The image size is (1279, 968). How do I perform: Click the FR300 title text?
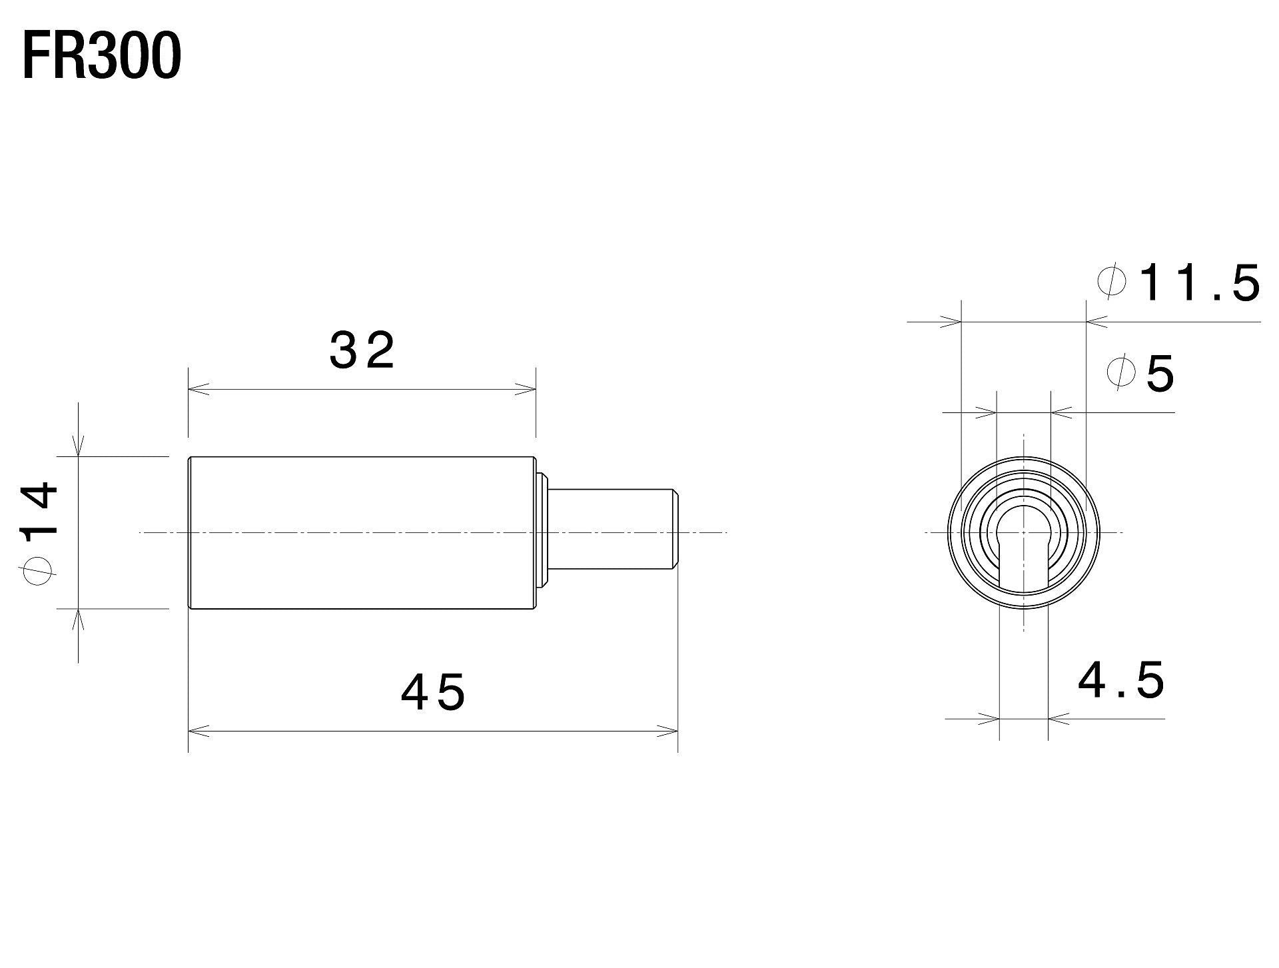[101, 57]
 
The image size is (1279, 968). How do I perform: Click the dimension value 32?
[362, 351]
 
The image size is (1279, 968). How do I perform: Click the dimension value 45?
[432, 692]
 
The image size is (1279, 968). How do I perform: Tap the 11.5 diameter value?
[1199, 283]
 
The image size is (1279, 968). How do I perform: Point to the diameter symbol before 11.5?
[1112, 281]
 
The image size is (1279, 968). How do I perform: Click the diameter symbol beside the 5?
[1120, 371]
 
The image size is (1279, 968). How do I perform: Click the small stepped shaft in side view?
[610, 530]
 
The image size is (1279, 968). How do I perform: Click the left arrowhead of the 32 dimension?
[198, 389]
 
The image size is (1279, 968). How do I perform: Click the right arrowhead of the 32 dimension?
[526, 389]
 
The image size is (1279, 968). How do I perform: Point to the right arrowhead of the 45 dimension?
[668, 731]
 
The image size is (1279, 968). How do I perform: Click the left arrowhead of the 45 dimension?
[198, 731]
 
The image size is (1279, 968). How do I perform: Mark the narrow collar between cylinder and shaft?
[543, 530]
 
